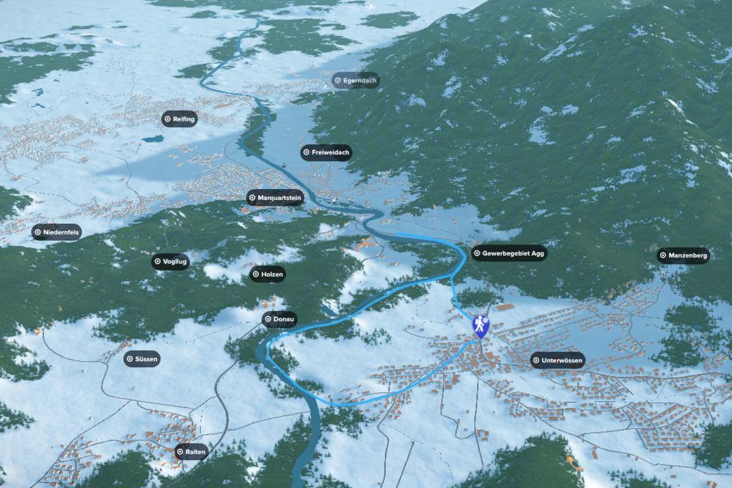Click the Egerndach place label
356,81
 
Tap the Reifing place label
179,119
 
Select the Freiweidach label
326,152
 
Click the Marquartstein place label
275,198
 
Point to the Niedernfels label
57,232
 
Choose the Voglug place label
171,262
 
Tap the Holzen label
267,274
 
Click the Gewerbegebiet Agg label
509,253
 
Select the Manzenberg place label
683,256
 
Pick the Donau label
279,319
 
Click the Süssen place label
142,359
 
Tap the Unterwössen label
558,361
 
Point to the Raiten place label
192,452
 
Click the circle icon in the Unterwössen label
536,361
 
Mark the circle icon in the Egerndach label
337,81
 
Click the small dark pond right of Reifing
152,139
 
